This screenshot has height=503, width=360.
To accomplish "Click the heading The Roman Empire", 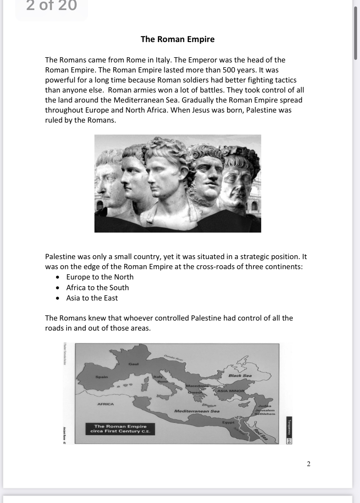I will (x=177, y=39).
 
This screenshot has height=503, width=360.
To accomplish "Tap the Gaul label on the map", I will (x=133, y=364).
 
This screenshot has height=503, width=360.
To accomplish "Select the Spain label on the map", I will (x=102, y=377).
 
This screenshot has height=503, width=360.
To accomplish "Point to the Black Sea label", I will (x=240, y=376).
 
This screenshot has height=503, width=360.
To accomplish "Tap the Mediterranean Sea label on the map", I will (x=197, y=411).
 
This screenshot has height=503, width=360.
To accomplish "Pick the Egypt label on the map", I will (x=228, y=422).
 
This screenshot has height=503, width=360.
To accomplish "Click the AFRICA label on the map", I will (x=106, y=404).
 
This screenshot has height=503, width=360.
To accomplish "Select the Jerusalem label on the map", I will (x=265, y=410).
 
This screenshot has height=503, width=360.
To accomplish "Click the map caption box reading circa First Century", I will (x=120, y=429).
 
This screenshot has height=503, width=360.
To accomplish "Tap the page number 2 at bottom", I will (x=308, y=464).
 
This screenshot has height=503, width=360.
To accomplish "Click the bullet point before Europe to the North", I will (x=58, y=277).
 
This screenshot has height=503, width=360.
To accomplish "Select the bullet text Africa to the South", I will (x=97, y=288).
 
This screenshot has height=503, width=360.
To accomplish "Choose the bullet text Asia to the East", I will (x=92, y=298).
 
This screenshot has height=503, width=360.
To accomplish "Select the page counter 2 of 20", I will (x=51, y=6).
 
